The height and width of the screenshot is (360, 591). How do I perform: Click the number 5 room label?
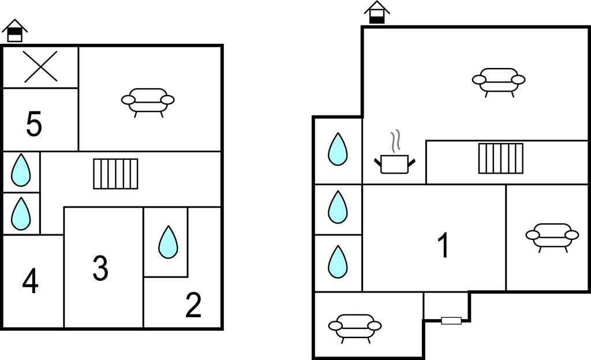pyautogui.click(x=34, y=124)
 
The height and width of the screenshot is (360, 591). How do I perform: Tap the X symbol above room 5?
pyautogui.click(x=41, y=67)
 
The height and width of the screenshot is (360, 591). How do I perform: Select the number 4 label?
pyautogui.click(x=30, y=281)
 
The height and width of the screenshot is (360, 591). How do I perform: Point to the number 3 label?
pyautogui.click(x=100, y=268)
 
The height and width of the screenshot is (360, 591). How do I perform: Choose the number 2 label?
pyautogui.click(x=193, y=305)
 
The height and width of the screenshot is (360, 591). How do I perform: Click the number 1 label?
pyautogui.click(x=444, y=245)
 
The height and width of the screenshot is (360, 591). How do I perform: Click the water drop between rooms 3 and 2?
pyautogui.click(x=168, y=242)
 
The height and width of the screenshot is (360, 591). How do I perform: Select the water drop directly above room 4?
pyautogui.click(x=21, y=213)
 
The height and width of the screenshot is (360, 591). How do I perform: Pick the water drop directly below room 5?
pyautogui.click(x=21, y=170)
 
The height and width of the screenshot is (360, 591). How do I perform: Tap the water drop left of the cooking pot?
pyautogui.click(x=338, y=149)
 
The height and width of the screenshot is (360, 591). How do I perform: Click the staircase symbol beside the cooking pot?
pyautogui.click(x=501, y=159)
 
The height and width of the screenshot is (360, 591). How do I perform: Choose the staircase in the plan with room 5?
pyautogui.click(x=115, y=174)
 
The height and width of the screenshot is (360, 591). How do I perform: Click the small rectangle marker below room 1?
pyautogui.click(x=451, y=321)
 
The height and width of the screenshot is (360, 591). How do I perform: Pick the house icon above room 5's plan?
pyautogui.click(x=14, y=31)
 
